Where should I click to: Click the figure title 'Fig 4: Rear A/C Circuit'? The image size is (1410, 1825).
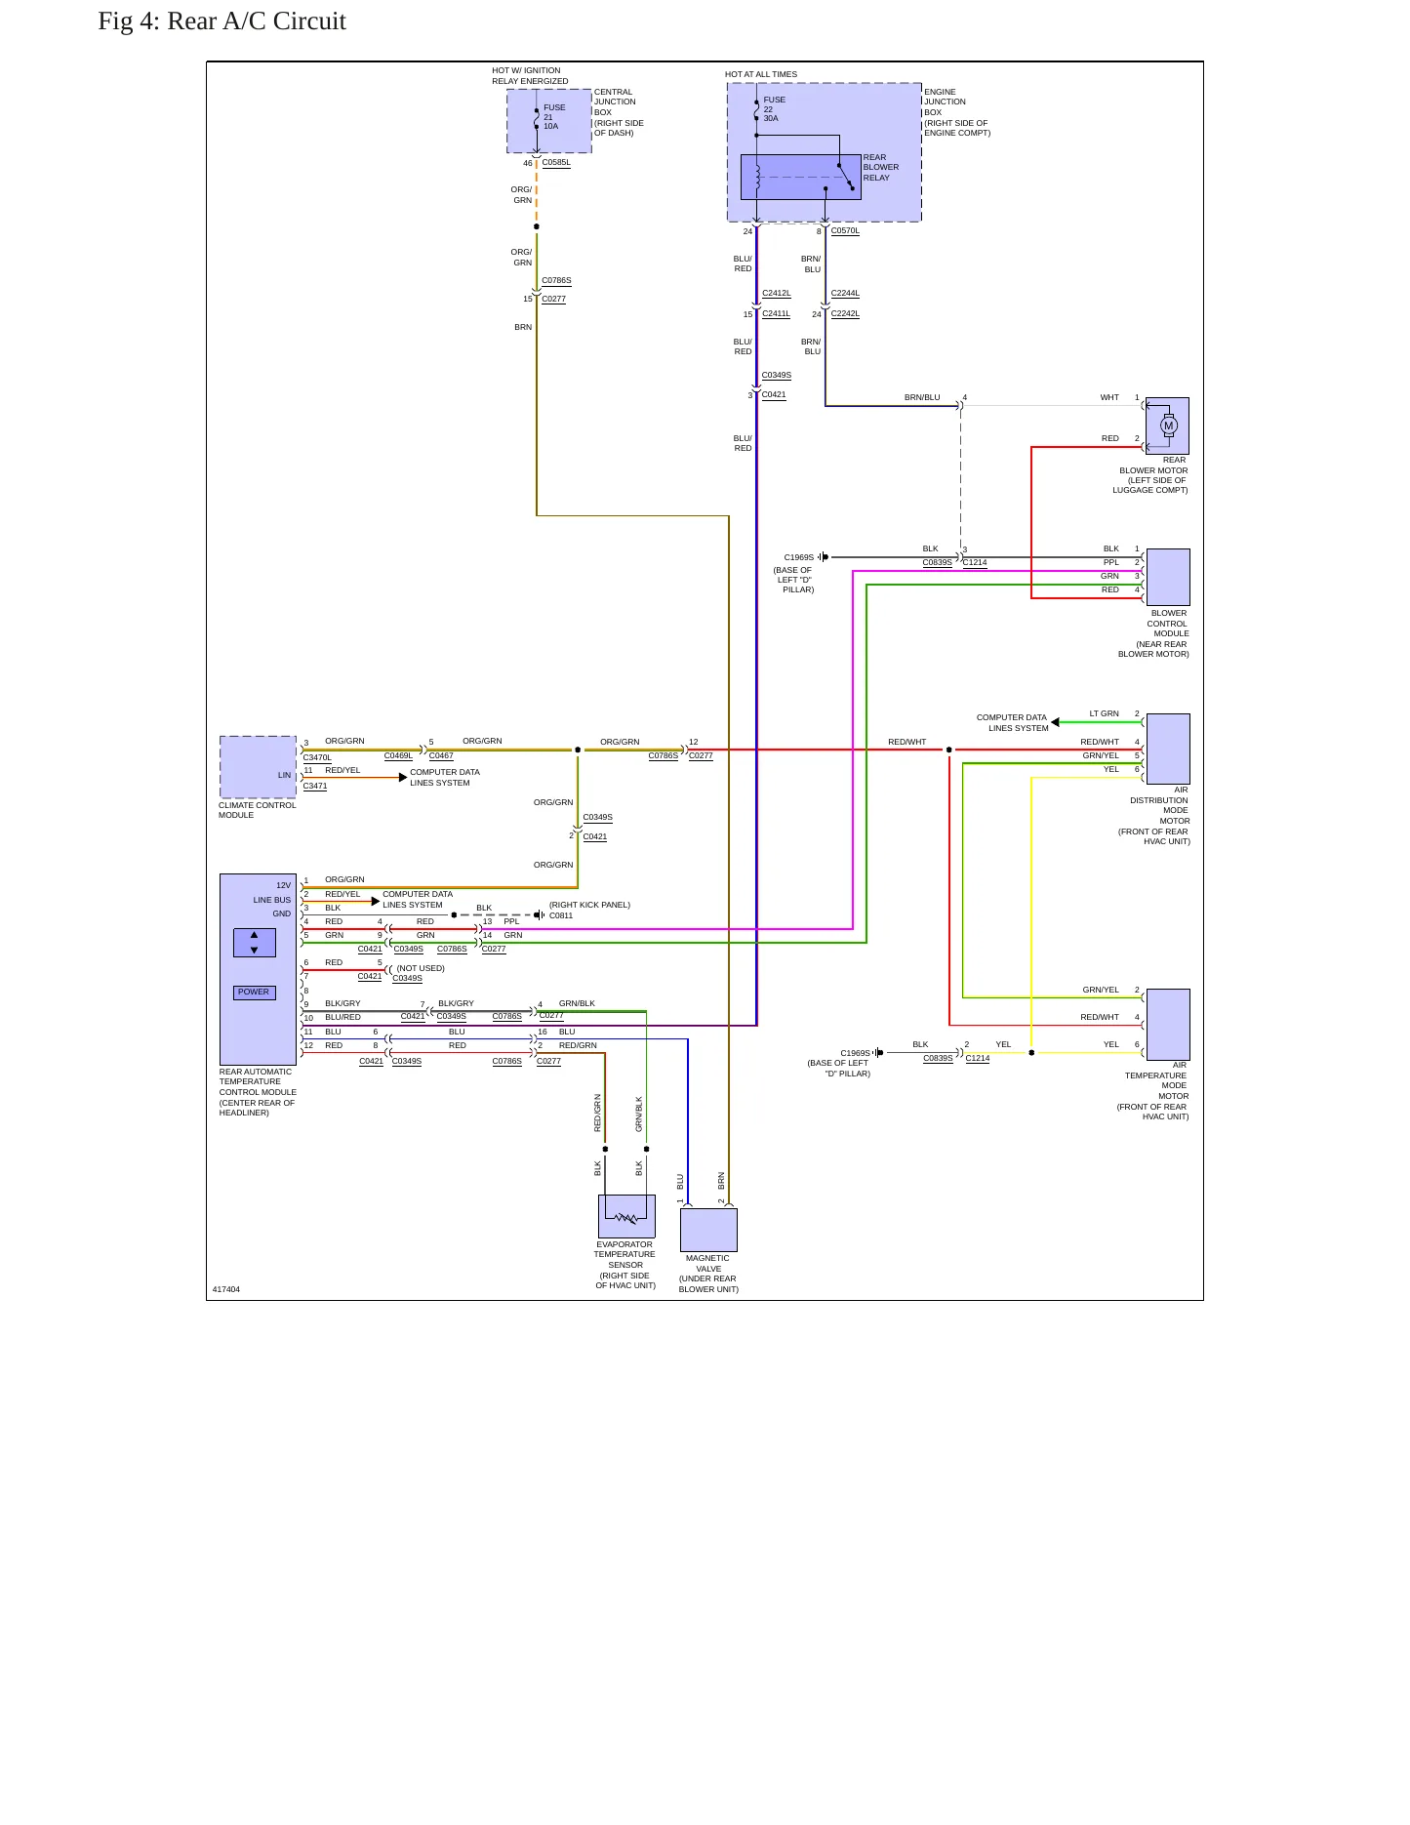click(x=222, y=21)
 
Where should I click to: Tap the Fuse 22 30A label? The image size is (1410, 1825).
click(x=774, y=108)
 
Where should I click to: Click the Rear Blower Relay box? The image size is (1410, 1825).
click(x=801, y=177)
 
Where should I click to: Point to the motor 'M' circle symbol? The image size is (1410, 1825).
click(x=1169, y=426)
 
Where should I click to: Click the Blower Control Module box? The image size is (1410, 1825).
click(x=1168, y=577)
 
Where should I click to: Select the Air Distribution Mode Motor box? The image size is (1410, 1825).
click(x=1168, y=749)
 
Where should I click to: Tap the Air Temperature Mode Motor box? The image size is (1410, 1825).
click(x=1168, y=1024)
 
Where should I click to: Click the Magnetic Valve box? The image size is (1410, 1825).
click(x=708, y=1230)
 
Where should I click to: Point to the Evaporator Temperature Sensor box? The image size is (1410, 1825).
click(x=626, y=1216)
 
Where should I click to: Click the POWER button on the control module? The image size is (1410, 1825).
click(x=254, y=993)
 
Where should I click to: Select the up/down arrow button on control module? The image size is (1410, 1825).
click(x=255, y=943)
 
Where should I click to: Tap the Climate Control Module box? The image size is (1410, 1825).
click(x=258, y=767)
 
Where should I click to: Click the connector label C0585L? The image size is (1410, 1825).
click(x=556, y=163)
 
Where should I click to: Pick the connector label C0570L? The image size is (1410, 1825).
click(x=845, y=231)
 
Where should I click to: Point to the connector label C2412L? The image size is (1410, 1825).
click(x=777, y=294)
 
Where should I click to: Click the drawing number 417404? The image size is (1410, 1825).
click(x=226, y=1289)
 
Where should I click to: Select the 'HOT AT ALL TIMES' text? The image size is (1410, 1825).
click(x=761, y=74)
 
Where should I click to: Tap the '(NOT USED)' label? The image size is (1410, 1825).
click(x=421, y=968)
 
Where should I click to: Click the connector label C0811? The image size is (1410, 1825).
click(x=561, y=915)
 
